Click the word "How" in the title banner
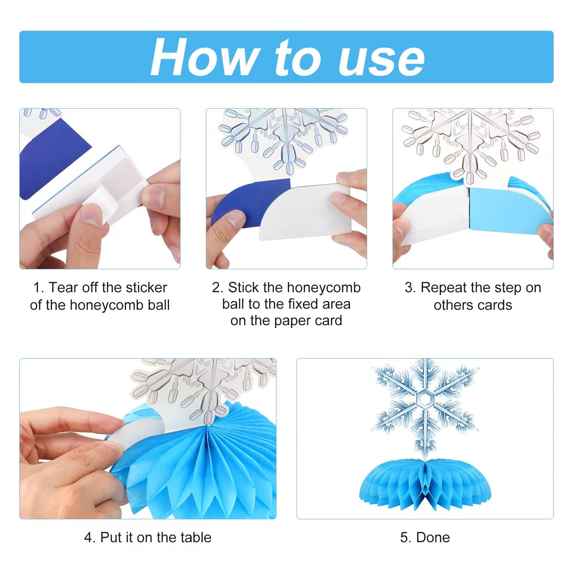[x=204, y=57]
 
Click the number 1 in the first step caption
[x=37, y=288]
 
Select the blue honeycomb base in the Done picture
[x=425, y=487]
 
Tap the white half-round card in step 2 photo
[x=301, y=211]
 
